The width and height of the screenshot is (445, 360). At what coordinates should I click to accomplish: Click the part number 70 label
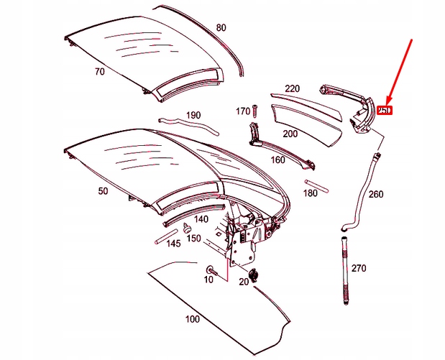(x=99, y=72)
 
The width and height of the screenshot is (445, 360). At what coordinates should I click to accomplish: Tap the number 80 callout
(x=221, y=28)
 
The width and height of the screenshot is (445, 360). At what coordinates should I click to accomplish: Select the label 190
(x=193, y=115)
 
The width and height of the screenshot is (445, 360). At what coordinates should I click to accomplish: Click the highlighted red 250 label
(x=385, y=111)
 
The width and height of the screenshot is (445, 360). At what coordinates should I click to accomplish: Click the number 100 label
(x=192, y=318)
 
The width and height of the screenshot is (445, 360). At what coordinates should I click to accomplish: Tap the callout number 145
(x=173, y=244)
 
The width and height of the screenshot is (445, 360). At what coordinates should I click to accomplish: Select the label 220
(x=292, y=88)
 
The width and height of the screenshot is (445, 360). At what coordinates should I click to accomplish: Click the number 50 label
(x=102, y=191)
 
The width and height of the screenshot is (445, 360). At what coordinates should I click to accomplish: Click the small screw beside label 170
(x=255, y=110)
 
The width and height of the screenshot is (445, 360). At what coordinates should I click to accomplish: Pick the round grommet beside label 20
(x=255, y=274)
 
